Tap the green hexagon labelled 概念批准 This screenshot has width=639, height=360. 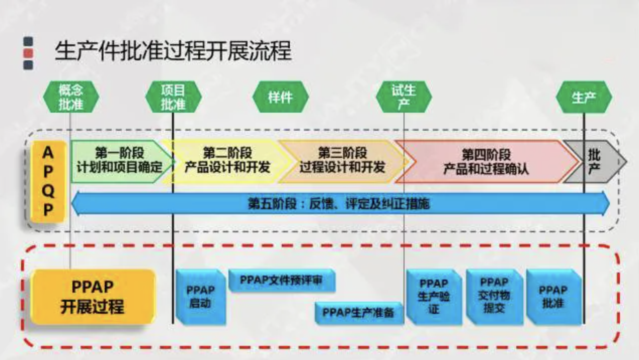coord(71,97)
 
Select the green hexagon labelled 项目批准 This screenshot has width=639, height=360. coord(173,97)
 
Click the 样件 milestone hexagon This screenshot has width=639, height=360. coord(280,97)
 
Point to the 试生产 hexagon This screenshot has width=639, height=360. coord(404,97)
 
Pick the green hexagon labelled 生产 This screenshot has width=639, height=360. coord(584,97)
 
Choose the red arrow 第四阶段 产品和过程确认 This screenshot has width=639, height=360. coord(486,161)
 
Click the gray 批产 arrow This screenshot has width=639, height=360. coord(594,161)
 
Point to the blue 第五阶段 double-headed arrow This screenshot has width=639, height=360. coord(340,204)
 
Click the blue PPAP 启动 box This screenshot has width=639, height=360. coord(200,297)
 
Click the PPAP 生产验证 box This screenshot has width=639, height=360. coord(433,297)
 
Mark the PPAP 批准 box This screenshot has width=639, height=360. coord(553,297)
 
